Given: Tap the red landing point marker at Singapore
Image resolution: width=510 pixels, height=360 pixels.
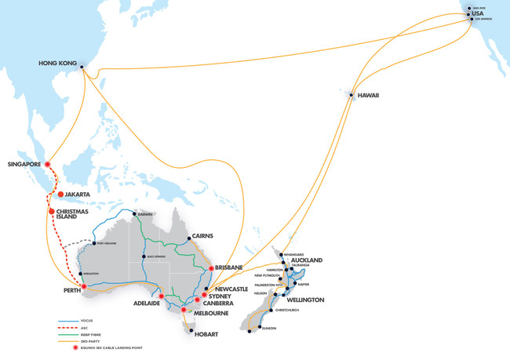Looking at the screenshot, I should [47, 164].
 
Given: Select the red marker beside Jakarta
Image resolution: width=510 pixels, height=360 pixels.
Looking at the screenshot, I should [60, 194].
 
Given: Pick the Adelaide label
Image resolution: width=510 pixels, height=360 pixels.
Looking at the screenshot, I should [147, 303].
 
